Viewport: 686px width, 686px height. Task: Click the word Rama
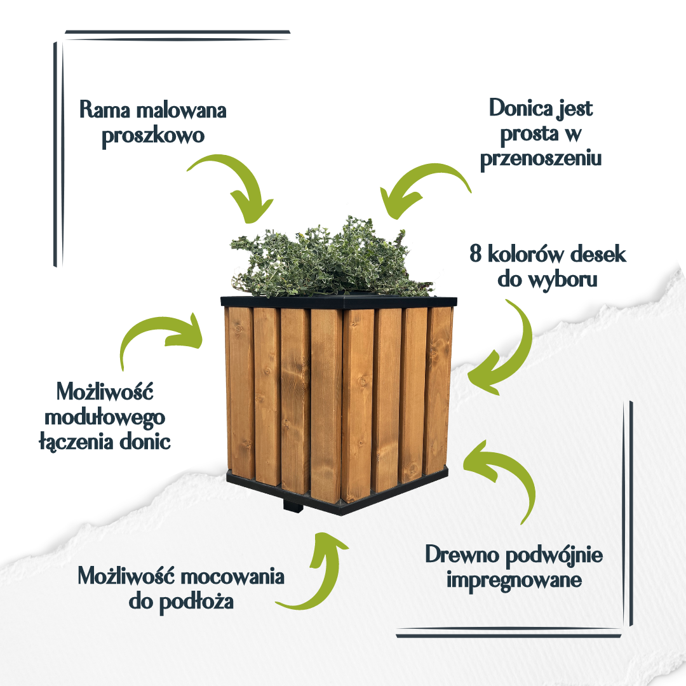point(105,109)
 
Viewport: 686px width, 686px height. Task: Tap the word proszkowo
point(153,136)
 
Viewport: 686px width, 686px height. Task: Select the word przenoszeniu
point(541,159)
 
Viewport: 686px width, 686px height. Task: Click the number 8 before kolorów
point(476,253)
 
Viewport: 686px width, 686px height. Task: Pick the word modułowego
point(105,418)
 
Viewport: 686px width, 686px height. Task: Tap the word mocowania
point(232,576)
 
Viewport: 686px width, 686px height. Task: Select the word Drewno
point(462,555)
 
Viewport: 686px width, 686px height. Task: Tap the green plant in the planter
point(330,259)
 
